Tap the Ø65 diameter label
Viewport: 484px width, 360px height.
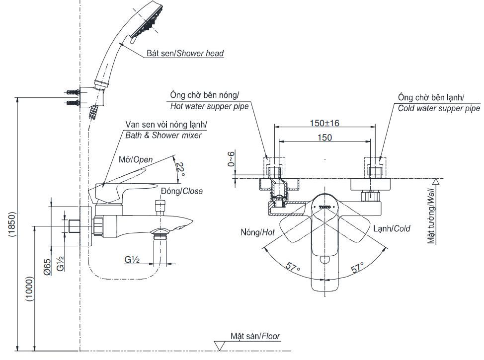[x=47, y=268]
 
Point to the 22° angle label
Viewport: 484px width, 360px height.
[x=181, y=169]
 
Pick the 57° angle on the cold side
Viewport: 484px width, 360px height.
[x=357, y=268]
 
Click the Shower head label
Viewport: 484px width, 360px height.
[x=185, y=53]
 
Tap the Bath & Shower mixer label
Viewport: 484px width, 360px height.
[x=164, y=135]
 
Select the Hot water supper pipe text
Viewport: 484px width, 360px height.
[x=209, y=106]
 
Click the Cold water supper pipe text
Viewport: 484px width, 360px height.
[x=439, y=108]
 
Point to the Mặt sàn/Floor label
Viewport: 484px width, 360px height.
[x=255, y=336]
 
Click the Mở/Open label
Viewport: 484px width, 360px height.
[x=136, y=159]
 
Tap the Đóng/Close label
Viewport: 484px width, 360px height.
[x=181, y=191]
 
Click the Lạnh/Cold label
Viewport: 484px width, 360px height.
[x=392, y=228]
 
